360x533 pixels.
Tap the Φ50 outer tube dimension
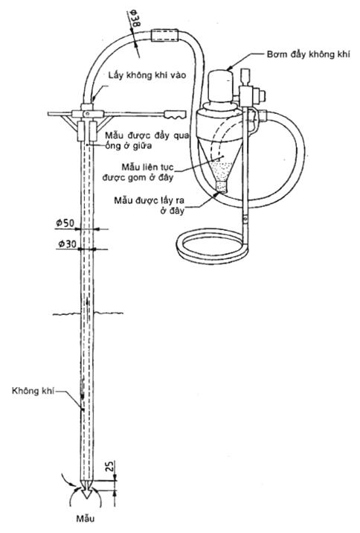pyautogui.click(x=65, y=223)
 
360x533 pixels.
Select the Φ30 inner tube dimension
pyautogui.click(x=67, y=243)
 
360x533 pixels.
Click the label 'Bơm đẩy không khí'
pyautogui.click(x=308, y=54)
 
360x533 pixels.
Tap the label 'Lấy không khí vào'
pyautogui.click(x=147, y=74)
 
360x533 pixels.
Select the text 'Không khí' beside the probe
pyautogui.click(x=33, y=391)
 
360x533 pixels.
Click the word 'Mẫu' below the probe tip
pyautogui.click(x=86, y=519)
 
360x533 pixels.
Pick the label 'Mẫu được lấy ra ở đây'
pyautogui.click(x=150, y=205)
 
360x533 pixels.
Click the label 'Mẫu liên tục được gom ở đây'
pyautogui.click(x=138, y=173)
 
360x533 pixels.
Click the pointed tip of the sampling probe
pyautogui.click(x=87, y=498)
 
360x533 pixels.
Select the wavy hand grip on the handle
pyautogui.click(x=176, y=114)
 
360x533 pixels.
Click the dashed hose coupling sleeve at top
pyautogui.click(x=164, y=35)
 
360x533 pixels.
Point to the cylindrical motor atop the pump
pyautogui.click(x=221, y=86)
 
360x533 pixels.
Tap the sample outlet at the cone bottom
pyautogui.click(x=222, y=187)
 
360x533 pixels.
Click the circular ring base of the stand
pyautogui.click(x=212, y=246)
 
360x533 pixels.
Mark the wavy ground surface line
pyautogui.click(x=88, y=313)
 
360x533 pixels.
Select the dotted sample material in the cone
pyautogui.click(x=222, y=170)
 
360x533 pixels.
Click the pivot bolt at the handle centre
pyautogui.click(x=88, y=114)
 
